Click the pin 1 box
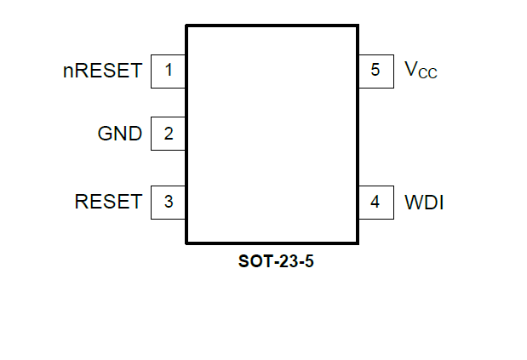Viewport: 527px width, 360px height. click(169, 71)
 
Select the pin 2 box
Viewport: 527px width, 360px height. click(169, 134)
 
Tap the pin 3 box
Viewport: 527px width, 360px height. click(169, 203)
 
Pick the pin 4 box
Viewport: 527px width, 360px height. click(375, 203)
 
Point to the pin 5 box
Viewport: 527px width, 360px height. click(375, 71)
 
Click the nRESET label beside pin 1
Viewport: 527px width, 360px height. click(102, 71)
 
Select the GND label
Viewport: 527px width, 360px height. click(120, 134)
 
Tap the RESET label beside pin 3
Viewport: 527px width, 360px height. click(108, 203)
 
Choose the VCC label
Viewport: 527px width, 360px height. click(421, 71)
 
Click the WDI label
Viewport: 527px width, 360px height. click(424, 203)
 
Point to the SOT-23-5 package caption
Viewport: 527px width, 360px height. click(270, 262)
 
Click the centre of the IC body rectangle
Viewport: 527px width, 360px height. click(272, 134)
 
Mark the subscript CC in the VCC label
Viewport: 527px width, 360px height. click(427, 75)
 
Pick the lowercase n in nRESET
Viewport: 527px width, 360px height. click(67, 72)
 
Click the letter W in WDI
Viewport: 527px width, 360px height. click(413, 203)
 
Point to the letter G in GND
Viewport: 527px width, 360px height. click(106, 134)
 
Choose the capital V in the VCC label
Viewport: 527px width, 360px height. click(410, 69)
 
